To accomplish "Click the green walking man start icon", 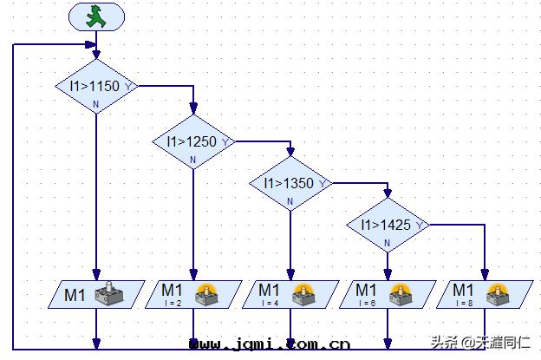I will (x=95, y=17).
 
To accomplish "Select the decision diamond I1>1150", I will (x=95, y=86).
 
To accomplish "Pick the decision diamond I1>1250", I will (x=192, y=141).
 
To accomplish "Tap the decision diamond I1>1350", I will (x=290, y=183).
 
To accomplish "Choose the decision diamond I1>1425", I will (x=387, y=226).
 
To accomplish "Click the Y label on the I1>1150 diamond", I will (x=128, y=86).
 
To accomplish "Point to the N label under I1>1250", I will (x=192, y=160).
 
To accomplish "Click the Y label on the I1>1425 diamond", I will (x=420, y=226).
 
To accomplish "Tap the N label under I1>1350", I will (x=290, y=202).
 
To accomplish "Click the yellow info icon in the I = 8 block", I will (x=497, y=290).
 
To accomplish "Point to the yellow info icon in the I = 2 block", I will (x=205, y=290).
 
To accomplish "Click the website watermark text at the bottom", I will (x=269, y=345).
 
